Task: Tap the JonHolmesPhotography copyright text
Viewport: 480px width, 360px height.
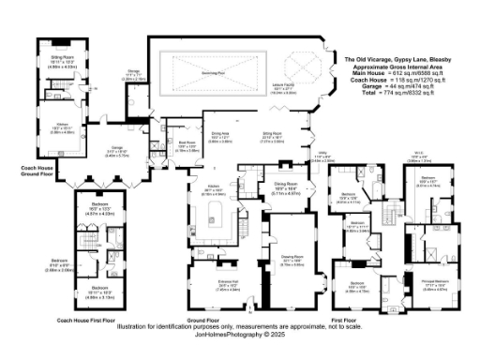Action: click(241, 334)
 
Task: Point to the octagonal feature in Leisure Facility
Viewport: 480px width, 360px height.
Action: click(301, 67)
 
